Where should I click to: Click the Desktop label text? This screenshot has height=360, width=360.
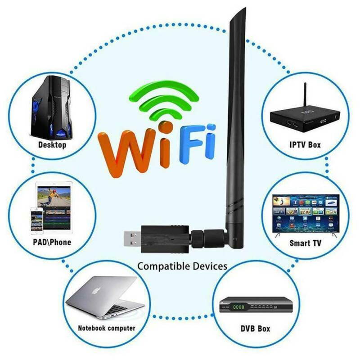[52, 145]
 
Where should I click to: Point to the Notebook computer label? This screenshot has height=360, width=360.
[107, 328]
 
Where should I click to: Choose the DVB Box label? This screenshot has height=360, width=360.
[255, 328]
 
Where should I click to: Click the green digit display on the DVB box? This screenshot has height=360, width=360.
[238, 307]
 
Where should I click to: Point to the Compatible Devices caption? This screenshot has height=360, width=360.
[182, 266]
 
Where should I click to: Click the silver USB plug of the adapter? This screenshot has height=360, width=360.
[133, 238]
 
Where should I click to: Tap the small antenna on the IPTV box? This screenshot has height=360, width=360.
[305, 94]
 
